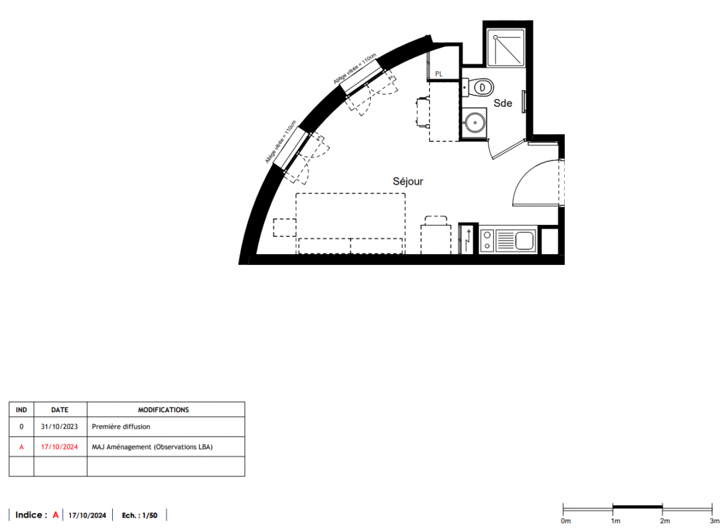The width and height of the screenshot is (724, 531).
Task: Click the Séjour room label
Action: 407,181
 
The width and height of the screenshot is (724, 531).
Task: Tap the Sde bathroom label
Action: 503,104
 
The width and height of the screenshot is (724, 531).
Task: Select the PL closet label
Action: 439,74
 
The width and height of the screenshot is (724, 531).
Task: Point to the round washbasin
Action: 474,123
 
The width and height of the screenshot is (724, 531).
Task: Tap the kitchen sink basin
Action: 524,240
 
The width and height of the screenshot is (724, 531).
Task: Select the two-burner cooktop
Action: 487,240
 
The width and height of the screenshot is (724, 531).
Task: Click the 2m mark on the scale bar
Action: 662,510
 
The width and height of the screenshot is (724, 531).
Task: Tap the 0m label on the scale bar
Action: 565,521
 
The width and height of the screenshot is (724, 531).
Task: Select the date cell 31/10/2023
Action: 60,427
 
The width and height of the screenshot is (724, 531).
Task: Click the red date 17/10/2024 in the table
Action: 60,447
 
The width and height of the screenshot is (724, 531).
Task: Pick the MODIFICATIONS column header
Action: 163,410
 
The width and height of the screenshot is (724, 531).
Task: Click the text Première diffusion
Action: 121,427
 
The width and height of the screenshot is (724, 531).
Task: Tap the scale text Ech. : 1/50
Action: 139,515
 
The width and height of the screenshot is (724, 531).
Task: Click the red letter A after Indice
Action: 55,515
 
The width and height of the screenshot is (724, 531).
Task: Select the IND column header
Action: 21,410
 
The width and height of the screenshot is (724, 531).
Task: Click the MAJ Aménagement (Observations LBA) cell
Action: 153,447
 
